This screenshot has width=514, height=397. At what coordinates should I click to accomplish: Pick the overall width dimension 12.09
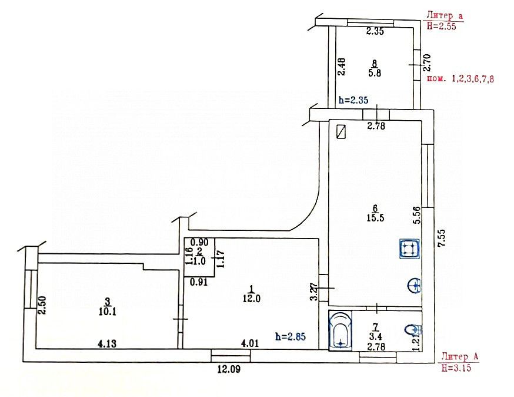tap(228, 370)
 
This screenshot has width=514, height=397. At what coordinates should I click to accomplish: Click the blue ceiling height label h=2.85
tap(291, 336)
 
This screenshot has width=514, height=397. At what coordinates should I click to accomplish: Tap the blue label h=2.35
tap(353, 100)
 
